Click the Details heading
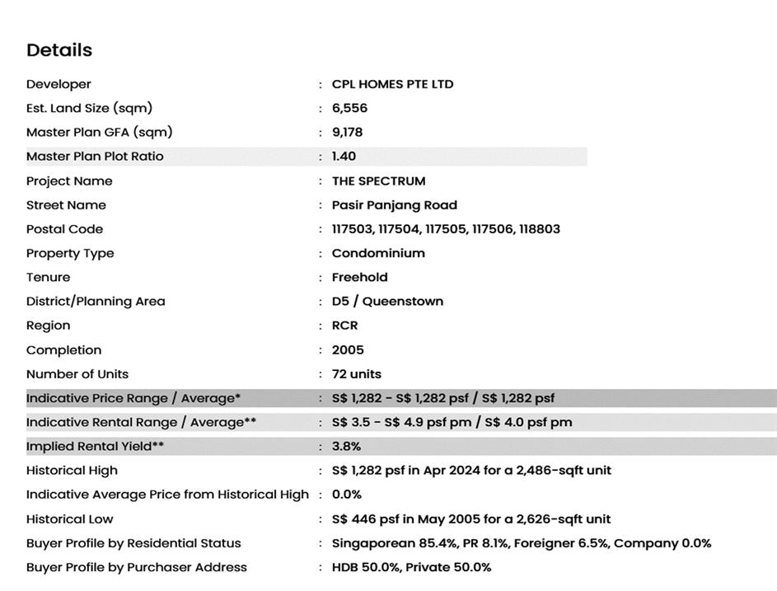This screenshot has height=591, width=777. coord(59,50)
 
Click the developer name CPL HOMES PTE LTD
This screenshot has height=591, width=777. coord(392,84)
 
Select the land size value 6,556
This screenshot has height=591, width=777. coord(349,108)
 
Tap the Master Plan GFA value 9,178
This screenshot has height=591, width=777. coord(347,132)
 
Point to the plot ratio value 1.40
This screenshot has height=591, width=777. coord(344,157)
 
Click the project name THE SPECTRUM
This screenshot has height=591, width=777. coord(378,181)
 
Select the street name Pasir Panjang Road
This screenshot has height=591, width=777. coord(394,205)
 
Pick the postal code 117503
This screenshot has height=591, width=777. coord(353,229)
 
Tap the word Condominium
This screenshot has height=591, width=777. coord(378,253)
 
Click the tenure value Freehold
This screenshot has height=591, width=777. coord(359,277)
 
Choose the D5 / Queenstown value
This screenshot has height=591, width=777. coord(387,302)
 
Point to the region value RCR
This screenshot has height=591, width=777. coord(344,326)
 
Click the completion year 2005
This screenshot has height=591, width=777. coord(348,350)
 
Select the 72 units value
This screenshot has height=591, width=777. coord(356,374)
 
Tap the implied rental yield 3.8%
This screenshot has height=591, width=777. coord(346,447)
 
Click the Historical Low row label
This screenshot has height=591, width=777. coord(69,519)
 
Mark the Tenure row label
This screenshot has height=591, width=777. coord(48,277)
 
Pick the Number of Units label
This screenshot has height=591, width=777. coord(77,374)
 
